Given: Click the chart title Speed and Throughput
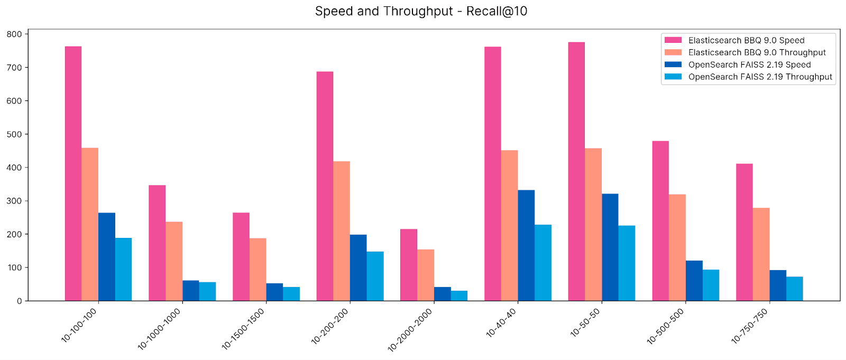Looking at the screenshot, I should (421, 11).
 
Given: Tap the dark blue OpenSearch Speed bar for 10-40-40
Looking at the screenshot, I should (526, 245).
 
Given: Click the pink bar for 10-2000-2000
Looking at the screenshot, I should (409, 265).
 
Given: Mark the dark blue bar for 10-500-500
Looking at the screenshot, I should (694, 281).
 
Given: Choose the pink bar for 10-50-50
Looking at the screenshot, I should (576, 171).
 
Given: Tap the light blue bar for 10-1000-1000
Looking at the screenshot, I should (207, 291).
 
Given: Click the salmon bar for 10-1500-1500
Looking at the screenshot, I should (258, 270).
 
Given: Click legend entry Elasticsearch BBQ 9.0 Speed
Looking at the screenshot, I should (746, 40).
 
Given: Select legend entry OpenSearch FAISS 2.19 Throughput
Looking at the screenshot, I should (760, 77).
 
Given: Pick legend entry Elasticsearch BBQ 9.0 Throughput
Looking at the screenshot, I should (757, 52).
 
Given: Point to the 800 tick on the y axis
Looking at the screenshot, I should (14, 34).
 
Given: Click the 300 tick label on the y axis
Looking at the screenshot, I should (14, 201).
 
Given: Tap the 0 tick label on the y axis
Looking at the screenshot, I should (19, 301).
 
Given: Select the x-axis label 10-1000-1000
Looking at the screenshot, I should (160, 329).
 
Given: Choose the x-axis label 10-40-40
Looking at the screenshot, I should (501, 322).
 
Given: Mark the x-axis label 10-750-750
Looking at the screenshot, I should (750, 326).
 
